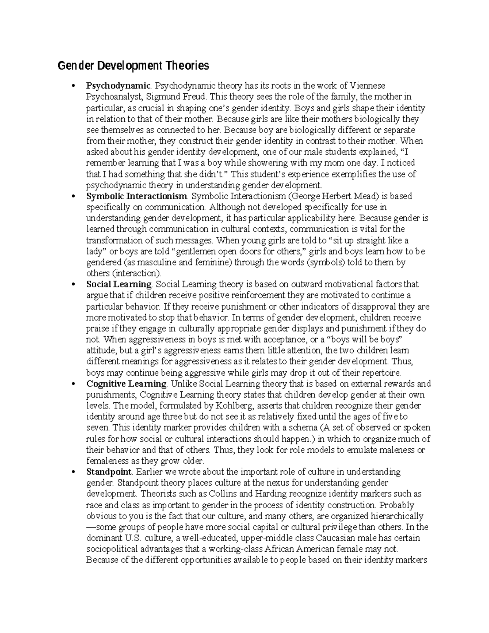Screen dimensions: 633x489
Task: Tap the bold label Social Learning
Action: point(119,284)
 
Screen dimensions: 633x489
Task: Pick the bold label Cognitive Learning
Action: point(126,384)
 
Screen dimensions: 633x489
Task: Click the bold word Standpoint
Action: point(109,472)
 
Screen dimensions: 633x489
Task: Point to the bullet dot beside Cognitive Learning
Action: point(73,384)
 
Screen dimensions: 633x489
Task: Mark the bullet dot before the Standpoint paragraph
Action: point(73,472)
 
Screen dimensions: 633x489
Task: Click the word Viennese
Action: point(368,86)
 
